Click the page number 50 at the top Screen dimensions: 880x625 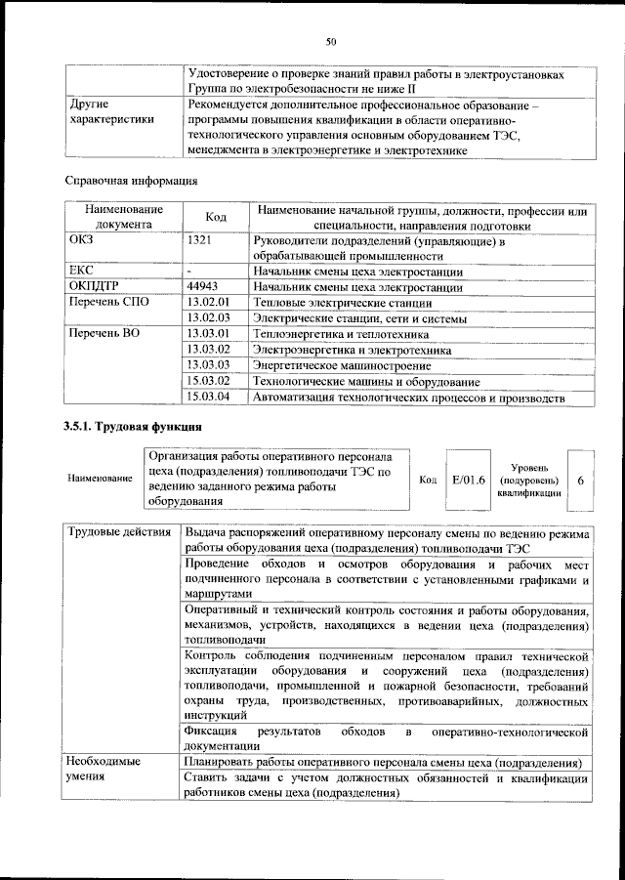331,40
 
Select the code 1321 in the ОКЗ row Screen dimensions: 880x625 199,238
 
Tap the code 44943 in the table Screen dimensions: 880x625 204,287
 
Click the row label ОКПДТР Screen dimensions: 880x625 96,287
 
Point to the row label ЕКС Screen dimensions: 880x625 81,271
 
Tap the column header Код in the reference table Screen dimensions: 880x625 216,216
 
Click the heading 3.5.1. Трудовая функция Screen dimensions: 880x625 133,427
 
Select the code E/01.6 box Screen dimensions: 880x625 468,480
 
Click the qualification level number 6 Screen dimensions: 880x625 581,481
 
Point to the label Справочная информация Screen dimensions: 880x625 131,180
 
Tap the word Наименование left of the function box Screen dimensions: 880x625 100,480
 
